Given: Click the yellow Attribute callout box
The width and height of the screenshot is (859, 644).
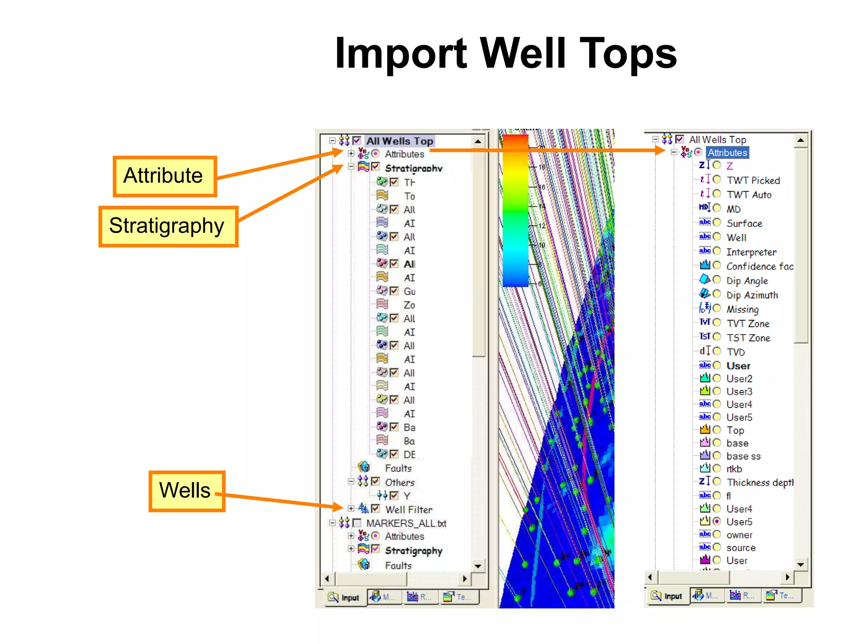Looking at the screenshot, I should coord(164,176).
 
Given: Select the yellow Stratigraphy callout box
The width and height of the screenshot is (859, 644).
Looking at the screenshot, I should coord(168,226).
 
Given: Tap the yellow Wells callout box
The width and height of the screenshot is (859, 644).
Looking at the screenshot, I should coord(186,491).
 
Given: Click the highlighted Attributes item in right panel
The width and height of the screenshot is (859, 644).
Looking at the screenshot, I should coord(727,153).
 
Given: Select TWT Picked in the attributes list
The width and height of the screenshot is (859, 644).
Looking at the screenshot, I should coord(753,180).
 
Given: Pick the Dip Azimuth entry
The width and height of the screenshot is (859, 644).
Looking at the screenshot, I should coord(752,295).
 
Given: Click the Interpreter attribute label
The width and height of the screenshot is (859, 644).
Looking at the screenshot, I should coord(751,252).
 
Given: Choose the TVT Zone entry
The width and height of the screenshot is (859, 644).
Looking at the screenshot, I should coord(748,324).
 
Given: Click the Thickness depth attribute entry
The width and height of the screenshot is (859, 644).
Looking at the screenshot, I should coord(760,483).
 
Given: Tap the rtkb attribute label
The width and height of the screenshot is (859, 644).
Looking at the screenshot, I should coord(734,469).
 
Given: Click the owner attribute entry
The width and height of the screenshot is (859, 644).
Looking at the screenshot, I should coord(739,535).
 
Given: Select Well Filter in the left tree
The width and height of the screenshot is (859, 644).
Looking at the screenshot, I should coord(409,510).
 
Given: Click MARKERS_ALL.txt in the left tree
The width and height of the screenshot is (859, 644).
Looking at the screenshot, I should coord(406,524).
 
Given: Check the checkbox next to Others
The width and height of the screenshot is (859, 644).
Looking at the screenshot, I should coord(376,481).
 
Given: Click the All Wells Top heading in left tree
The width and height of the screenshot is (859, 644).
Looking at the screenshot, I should coord(399,141).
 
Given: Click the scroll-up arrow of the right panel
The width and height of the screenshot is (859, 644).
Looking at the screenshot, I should coord(800,140).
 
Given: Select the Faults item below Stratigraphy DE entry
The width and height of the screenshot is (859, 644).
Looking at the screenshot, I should coord(398,468).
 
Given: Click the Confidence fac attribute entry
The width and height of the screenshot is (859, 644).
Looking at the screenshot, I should coord(759,267).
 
